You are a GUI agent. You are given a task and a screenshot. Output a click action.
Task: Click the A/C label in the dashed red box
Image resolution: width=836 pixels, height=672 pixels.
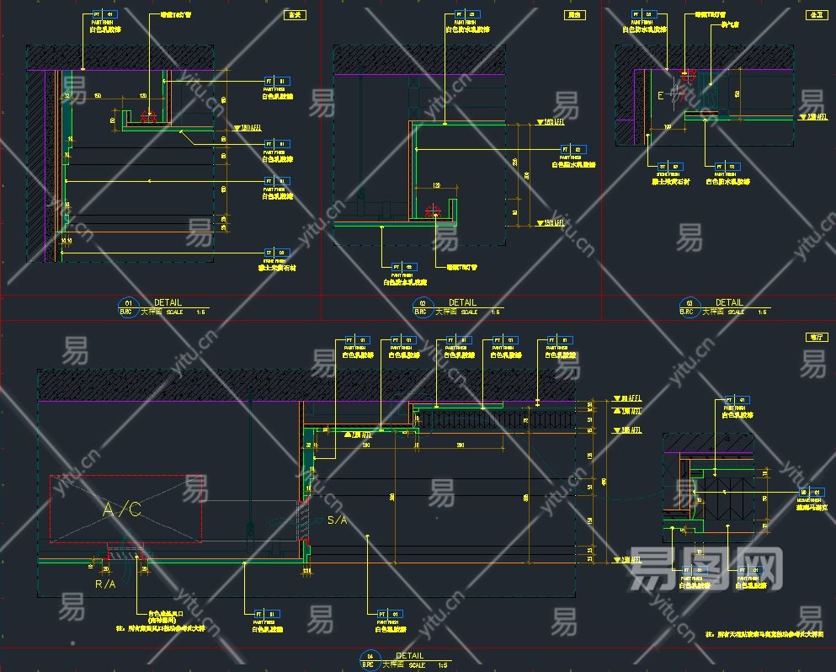pos(122,509)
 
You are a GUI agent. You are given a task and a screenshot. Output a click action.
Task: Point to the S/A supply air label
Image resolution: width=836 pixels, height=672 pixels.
pos(337,520)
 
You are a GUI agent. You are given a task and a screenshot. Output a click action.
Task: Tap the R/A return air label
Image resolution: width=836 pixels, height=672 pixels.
pos(105,583)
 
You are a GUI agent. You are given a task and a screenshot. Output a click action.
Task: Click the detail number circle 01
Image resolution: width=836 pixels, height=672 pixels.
pos(129,303)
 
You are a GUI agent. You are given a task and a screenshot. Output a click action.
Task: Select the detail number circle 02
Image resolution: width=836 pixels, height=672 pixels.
pos(423,303)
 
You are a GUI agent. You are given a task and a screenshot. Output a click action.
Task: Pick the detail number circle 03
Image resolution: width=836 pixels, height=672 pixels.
pos(690,303)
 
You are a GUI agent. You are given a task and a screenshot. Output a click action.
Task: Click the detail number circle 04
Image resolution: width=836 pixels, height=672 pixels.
pos(370,657)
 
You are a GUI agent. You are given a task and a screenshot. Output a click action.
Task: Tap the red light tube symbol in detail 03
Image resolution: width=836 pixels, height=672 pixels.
pos(689,74)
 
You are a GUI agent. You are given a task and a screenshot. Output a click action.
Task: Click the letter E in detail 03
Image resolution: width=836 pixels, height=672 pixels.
pos(661,97)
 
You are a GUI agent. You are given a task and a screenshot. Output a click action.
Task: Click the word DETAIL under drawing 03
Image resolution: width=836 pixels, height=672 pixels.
pos(729,302)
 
